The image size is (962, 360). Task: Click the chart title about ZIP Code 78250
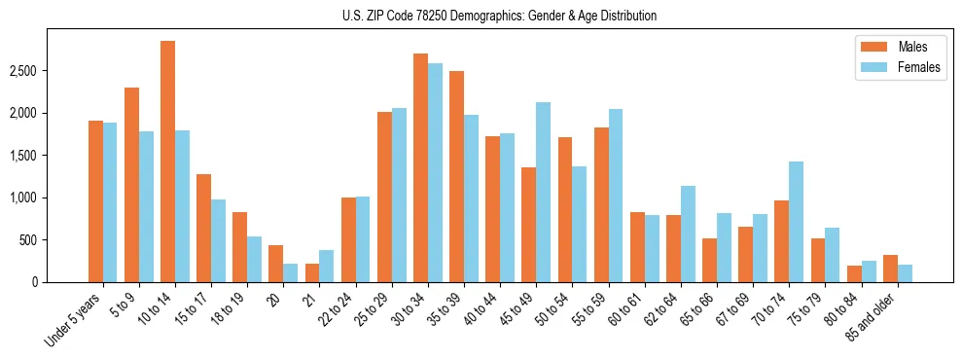[x=499, y=16]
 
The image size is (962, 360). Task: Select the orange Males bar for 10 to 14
[x=167, y=162]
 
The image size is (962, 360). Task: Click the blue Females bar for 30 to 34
[x=435, y=173]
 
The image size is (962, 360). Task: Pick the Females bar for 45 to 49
[x=543, y=193]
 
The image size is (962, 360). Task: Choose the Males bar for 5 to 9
[x=131, y=185]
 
